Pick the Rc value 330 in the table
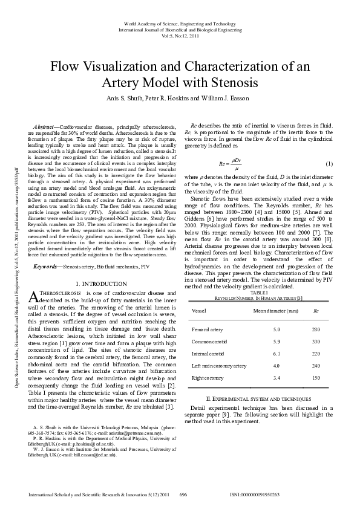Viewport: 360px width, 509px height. click(315, 342)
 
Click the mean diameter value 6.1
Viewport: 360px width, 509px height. click(276, 354)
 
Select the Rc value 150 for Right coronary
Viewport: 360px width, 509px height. click(315, 378)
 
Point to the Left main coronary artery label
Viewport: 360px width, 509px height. click(219, 366)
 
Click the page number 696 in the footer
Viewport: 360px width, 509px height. click(184, 494)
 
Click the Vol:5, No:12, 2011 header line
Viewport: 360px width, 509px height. click(180, 35)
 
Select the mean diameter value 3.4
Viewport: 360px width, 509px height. click(276, 378)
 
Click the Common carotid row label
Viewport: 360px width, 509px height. click(208, 342)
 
